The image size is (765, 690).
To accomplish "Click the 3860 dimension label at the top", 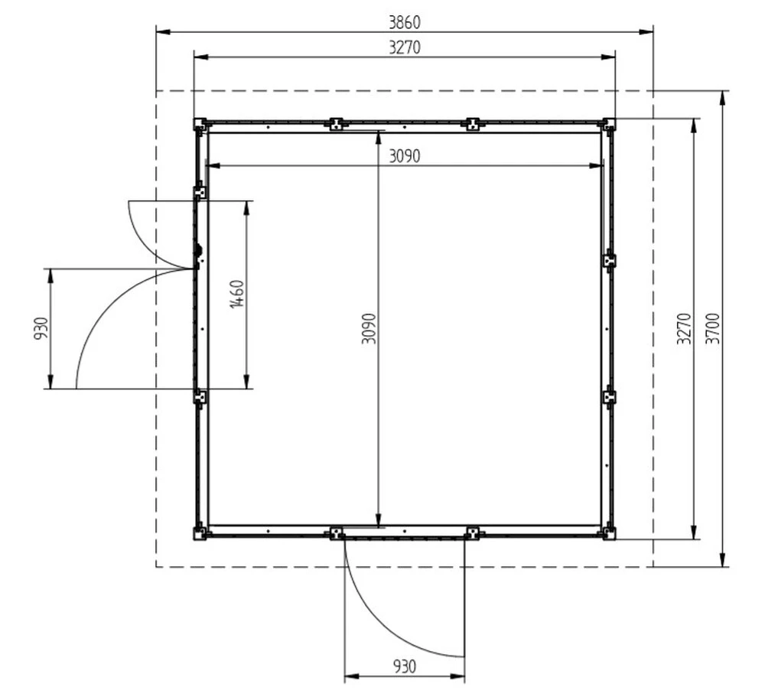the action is pyautogui.click(x=405, y=22).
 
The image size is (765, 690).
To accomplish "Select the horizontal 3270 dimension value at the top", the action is pyautogui.click(x=405, y=47).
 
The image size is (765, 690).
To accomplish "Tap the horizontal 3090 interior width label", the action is pyautogui.click(x=405, y=156).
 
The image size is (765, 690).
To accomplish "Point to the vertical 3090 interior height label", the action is pyautogui.click(x=369, y=328).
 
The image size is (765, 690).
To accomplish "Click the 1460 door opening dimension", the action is pyautogui.click(x=237, y=294).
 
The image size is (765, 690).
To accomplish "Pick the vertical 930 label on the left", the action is pyautogui.click(x=41, y=328).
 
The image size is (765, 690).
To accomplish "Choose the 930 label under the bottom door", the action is pyautogui.click(x=405, y=666).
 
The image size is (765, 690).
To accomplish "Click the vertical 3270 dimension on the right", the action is pyautogui.click(x=684, y=328).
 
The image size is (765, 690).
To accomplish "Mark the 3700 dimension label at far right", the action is pyautogui.click(x=713, y=328).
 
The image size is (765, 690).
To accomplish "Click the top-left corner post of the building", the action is pyautogui.click(x=200, y=125).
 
